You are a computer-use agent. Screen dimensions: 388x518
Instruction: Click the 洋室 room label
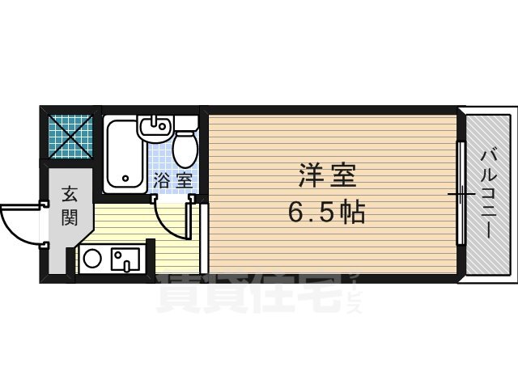pos(327,175)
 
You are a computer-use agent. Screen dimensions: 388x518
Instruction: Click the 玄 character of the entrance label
pos(69,195)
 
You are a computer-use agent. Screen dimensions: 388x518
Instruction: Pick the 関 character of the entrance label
pos(69,217)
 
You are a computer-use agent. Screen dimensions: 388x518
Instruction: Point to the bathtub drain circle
pos(124,179)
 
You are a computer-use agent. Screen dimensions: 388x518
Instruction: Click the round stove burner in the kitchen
pos(93,259)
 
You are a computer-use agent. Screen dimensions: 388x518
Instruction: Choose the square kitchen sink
pos(125,259)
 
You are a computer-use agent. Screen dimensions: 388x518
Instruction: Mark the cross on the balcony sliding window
pos(461,194)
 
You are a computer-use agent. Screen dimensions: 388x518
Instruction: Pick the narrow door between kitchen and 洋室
pos(204,239)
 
